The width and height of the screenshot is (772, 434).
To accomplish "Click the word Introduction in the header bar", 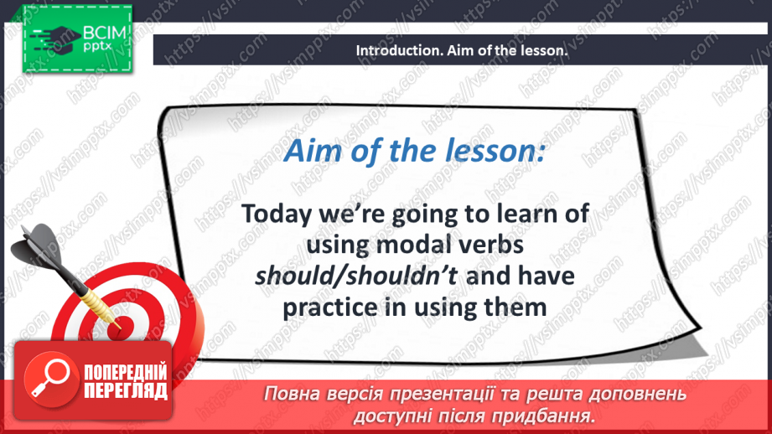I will pos(394,50).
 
